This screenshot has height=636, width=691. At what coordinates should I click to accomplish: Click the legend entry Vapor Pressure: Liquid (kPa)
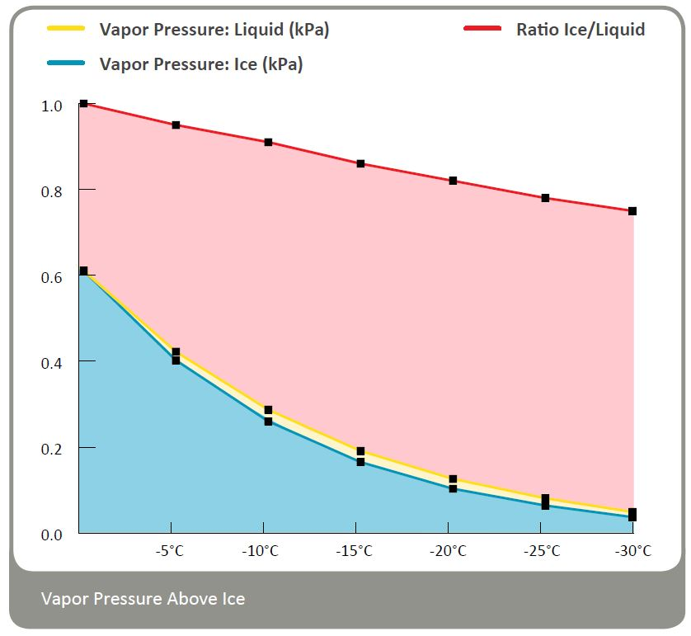[x=214, y=30]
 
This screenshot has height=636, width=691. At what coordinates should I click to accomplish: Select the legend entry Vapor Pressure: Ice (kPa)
[x=201, y=64]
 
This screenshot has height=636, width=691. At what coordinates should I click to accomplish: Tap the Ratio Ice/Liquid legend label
[x=581, y=30]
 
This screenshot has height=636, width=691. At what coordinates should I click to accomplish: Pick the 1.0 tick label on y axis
[x=52, y=106]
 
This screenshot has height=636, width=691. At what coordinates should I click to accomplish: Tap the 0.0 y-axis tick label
[x=52, y=535]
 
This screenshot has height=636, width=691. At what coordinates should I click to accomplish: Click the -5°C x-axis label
[x=170, y=551]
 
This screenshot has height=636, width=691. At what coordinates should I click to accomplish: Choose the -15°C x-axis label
[x=355, y=551]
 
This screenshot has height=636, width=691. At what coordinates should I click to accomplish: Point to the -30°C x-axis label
[x=632, y=551]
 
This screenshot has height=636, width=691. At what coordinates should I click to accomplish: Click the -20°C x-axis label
[x=448, y=551]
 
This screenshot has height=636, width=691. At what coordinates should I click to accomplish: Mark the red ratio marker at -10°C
[x=268, y=142]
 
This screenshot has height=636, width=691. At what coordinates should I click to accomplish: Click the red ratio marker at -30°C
[x=632, y=211]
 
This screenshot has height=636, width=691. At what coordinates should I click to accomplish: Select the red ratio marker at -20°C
[x=453, y=181]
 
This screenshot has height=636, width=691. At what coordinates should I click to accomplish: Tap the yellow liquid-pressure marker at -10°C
[x=268, y=410]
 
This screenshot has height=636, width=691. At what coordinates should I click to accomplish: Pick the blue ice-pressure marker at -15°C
[x=360, y=462]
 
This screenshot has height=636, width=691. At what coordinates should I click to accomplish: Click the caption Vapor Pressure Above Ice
[x=143, y=599]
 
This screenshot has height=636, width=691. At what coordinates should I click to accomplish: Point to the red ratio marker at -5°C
[x=176, y=125]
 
